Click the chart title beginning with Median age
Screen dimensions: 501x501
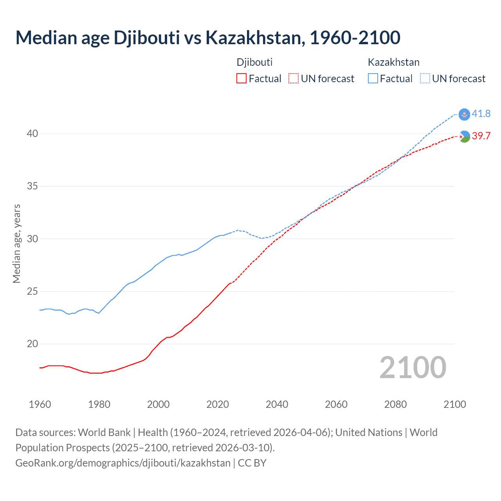(x=208, y=38)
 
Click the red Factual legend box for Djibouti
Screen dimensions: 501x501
(x=241, y=79)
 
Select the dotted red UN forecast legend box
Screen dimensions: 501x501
(x=294, y=79)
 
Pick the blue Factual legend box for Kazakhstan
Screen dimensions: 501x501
(x=373, y=79)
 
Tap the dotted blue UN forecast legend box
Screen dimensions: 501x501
(x=425, y=79)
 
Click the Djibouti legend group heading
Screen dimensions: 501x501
(x=254, y=62)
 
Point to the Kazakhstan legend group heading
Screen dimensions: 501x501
(x=393, y=62)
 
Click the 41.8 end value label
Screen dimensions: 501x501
(x=481, y=114)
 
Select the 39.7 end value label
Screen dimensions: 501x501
(x=481, y=136)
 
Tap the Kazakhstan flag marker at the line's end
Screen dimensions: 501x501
(x=464, y=114)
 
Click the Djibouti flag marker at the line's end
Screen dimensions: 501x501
(x=464, y=137)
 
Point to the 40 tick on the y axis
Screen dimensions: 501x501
(x=32, y=134)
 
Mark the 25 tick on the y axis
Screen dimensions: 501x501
(x=32, y=292)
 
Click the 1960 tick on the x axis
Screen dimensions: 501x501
(x=40, y=404)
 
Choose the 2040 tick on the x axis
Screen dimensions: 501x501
(x=277, y=404)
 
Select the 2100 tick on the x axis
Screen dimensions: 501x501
(x=455, y=404)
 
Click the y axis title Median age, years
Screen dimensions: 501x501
(x=16, y=243)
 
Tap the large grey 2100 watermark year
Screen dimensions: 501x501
(x=413, y=368)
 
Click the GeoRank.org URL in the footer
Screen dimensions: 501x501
(x=123, y=463)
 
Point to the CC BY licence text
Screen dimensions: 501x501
(x=252, y=463)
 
